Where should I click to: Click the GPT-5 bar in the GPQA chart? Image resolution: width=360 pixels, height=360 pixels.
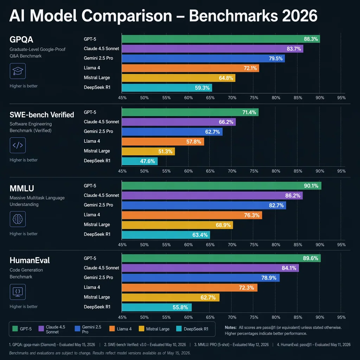pyautogui.click(x=220, y=39)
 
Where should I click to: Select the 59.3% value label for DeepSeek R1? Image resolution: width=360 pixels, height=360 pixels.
pyautogui.click(x=202, y=88)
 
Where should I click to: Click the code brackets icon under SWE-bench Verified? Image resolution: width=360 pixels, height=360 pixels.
pyautogui.click(x=17, y=145)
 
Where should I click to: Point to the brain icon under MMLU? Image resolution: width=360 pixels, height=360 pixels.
pyautogui.click(x=17, y=219)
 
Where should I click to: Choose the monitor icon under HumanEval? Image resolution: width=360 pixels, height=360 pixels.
pyautogui.click(x=17, y=291)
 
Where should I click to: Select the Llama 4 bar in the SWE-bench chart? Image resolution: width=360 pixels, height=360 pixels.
pyautogui.click(x=162, y=141)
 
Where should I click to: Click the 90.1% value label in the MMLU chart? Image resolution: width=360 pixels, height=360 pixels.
pyautogui.click(x=311, y=186)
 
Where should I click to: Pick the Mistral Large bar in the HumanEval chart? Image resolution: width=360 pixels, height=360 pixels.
pyautogui.click(x=170, y=297)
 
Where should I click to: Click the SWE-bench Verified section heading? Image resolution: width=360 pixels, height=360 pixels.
pyautogui.click(x=42, y=115)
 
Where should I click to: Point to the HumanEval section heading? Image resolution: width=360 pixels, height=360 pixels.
pyautogui.click(x=30, y=261)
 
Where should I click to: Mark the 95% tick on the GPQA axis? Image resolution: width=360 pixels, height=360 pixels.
pyautogui.click(x=341, y=98)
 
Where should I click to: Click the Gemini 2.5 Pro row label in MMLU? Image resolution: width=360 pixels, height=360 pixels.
pyautogui.click(x=98, y=205)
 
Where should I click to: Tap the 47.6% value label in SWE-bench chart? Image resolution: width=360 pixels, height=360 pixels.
pyautogui.click(x=148, y=161)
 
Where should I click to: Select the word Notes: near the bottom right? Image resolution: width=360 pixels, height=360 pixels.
pyautogui.click(x=231, y=327)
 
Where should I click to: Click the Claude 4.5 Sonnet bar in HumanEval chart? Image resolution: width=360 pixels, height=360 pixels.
pyautogui.click(x=210, y=268)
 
